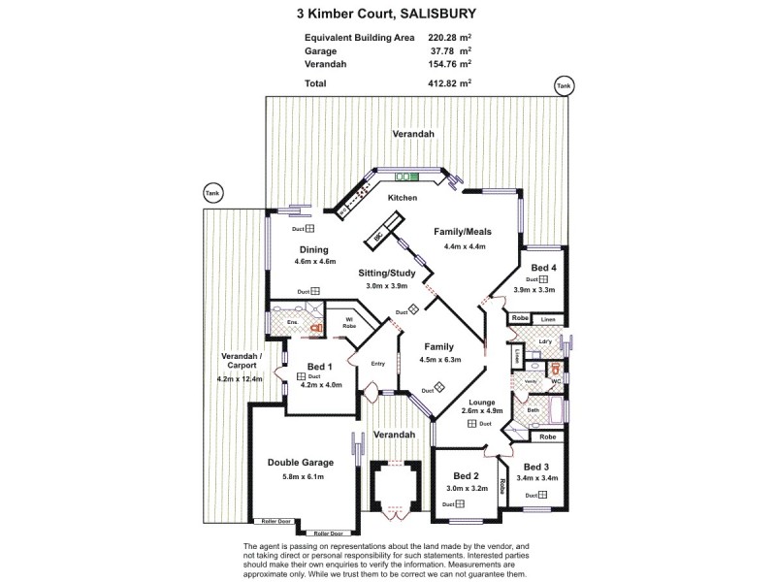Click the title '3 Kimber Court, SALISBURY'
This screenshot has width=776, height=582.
387,15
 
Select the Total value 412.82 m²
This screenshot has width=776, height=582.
451,84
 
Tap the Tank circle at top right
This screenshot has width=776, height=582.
563,86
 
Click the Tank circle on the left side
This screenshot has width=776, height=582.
211,193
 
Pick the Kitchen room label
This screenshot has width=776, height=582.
403,198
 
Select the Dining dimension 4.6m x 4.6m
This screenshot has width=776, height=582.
315,261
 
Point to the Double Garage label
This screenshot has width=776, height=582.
300,464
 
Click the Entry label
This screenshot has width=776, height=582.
378,364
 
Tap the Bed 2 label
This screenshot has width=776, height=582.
467,476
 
